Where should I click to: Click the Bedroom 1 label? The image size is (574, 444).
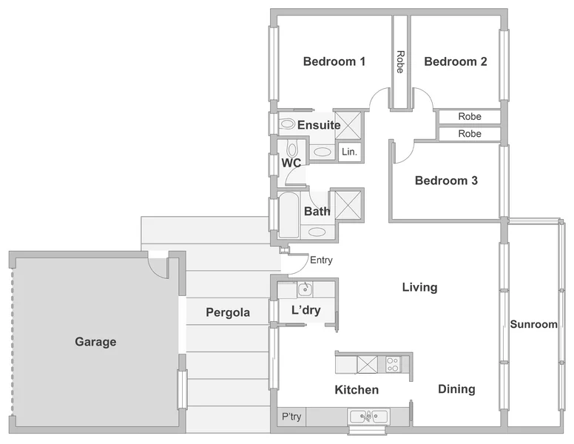334,61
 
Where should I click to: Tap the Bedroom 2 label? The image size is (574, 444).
456,61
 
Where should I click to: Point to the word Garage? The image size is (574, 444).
95,342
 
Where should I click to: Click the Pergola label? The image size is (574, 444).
228,312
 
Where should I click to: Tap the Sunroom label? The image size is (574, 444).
533,324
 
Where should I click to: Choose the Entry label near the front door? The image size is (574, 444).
321,260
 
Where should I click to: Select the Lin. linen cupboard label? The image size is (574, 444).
349,152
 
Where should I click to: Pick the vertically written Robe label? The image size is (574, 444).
400,61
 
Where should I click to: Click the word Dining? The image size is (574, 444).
456,389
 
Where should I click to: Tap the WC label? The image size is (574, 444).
291,163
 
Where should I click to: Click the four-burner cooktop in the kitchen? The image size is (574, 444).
393,364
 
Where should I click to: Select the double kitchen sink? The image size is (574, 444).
368,416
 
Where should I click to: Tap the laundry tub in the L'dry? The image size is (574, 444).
305,289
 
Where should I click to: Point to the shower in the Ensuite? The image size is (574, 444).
348,124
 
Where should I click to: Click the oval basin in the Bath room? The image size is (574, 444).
317,232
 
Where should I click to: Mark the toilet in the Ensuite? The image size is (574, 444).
286,124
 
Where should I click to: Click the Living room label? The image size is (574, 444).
419,287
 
